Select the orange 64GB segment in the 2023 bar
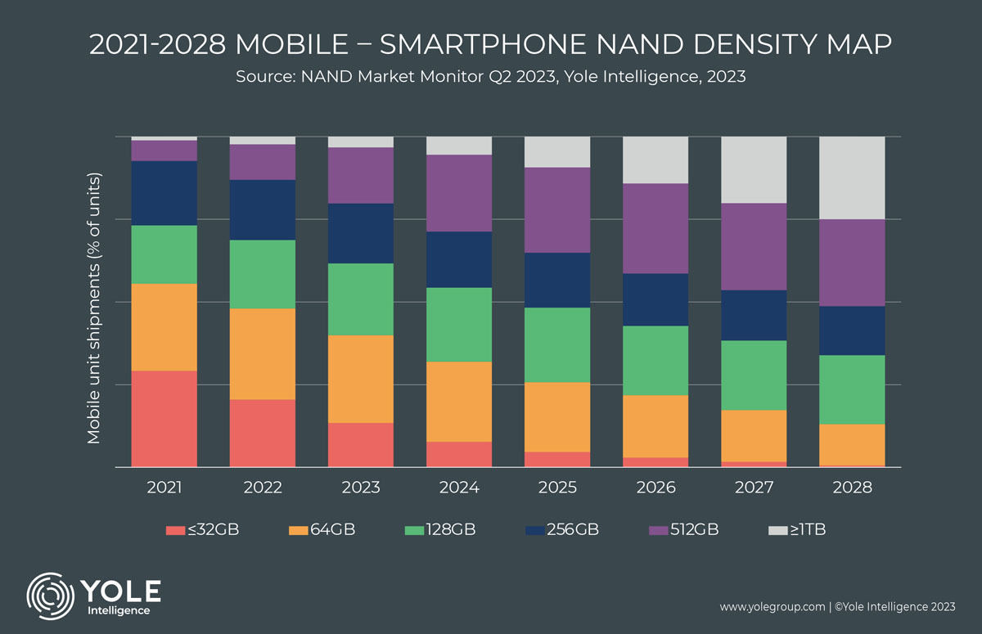coord(361,379)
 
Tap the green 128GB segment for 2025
coord(557,345)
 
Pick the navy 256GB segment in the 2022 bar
coord(263,210)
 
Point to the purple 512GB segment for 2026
coord(655,228)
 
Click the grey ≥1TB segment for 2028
coord(852,178)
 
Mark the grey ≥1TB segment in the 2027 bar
coord(754,169)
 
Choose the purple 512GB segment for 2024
coord(459,193)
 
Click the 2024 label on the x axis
coord(459,488)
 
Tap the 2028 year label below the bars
coord(852,488)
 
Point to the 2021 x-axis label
coord(164,488)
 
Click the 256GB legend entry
coord(562,530)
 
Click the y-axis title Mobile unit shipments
coord(94,309)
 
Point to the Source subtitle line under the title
coord(491,77)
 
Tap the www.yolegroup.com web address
coord(771,607)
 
